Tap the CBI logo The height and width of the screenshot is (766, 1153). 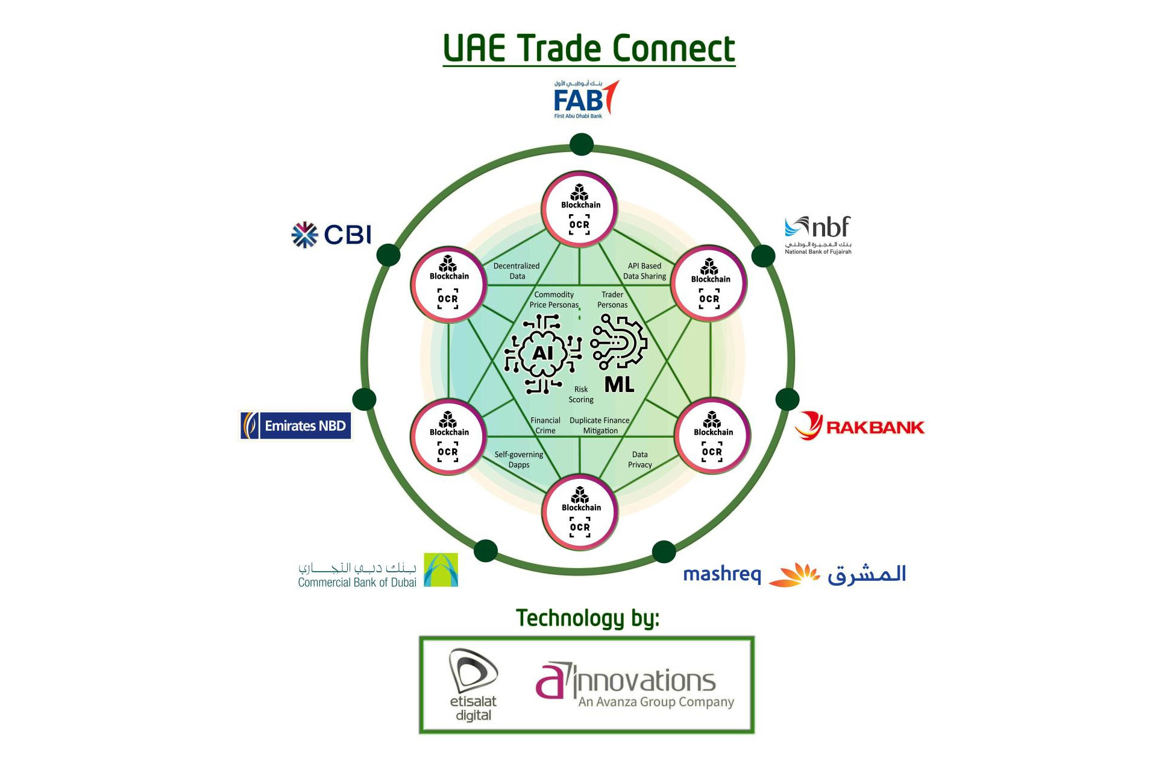pyautogui.click(x=331, y=235)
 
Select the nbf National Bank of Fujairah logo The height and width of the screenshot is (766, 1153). pyautogui.click(x=818, y=235)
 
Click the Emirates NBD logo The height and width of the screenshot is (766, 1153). pyautogui.click(x=295, y=426)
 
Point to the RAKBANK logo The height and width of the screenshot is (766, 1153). pyautogui.click(x=859, y=426)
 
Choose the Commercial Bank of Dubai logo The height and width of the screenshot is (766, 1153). pyautogui.click(x=378, y=570)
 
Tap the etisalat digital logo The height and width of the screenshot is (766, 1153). pyautogui.click(x=473, y=685)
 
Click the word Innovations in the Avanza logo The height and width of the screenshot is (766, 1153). pyautogui.click(x=644, y=681)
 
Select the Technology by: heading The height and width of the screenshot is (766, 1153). pyautogui.click(x=588, y=618)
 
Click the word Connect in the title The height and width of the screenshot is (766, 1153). pyautogui.click(x=674, y=48)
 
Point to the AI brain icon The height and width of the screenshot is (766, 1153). pyautogui.click(x=542, y=353)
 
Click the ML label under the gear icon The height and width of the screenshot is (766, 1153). pyautogui.click(x=619, y=384)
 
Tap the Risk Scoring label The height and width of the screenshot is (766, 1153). pyautogui.click(x=581, y=394)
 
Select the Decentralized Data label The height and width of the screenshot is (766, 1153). pyautogui.click(x=517, y=271)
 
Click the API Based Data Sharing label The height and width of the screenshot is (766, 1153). pyautogui.click(x=644, y=271)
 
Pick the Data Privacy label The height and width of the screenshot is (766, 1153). pyautogui.click(x=640, y=460)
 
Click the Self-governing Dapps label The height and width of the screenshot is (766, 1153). pyautogui.click(x=519, y=460)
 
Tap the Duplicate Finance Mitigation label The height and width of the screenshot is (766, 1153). pyautogui.click(x=600, y=425)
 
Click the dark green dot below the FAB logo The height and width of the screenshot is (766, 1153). pyautogui.click(x=581, y=145)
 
